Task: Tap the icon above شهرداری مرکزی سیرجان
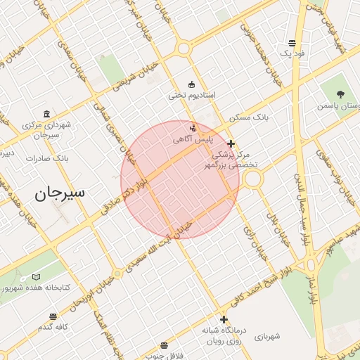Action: tap(46, 114)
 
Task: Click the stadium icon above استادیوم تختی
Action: tap(191, 84)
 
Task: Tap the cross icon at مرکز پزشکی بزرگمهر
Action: tap(231, 143)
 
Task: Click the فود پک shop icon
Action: tap(291, 43)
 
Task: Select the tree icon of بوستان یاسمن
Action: tap(340, 94)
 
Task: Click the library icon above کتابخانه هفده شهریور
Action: tap(37, 277)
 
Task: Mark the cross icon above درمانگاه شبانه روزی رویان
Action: tap(223, 319)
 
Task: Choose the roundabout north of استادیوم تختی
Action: tap(184, 49)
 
